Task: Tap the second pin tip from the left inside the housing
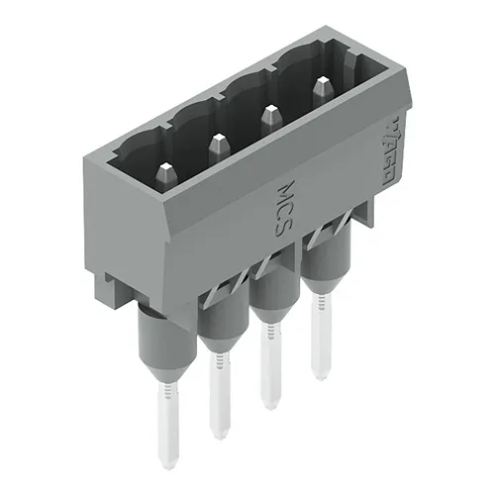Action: (x=215, y=146)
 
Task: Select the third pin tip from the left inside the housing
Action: (x=266, y=119)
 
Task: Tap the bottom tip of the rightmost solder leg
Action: (x=319, y=375)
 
